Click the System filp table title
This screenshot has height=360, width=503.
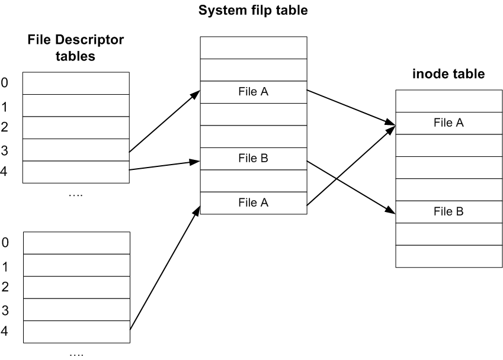coord(253,10)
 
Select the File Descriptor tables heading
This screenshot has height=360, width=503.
coord(75,48)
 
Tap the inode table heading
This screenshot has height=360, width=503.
coord(448,74)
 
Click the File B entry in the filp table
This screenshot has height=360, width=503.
coord(253,158)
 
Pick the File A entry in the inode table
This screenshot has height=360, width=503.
coord(448,123)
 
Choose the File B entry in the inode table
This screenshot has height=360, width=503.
coord(448,211)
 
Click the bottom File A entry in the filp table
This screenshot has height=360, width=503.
coord(253,202)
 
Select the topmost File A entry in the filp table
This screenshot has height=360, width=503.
coord(253,92)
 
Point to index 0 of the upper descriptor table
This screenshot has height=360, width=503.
coord(5,83)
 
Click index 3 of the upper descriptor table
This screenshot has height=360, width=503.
coord(5,150)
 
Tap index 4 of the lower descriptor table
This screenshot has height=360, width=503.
coord(5,331)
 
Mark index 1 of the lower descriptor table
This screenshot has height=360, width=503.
coord(5,266)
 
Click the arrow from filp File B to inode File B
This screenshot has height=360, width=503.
coord(351,188)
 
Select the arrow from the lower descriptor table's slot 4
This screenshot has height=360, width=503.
coord(165,268)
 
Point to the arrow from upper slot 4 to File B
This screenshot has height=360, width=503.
coord(165,165)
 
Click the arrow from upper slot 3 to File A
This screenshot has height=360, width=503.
coord(165,121)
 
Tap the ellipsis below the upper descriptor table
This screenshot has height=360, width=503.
coord(76,195)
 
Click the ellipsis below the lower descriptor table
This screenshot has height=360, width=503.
coord(76,355)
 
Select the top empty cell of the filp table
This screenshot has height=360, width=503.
coord(254,48)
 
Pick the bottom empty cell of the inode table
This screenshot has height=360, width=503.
coord(448,256)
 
